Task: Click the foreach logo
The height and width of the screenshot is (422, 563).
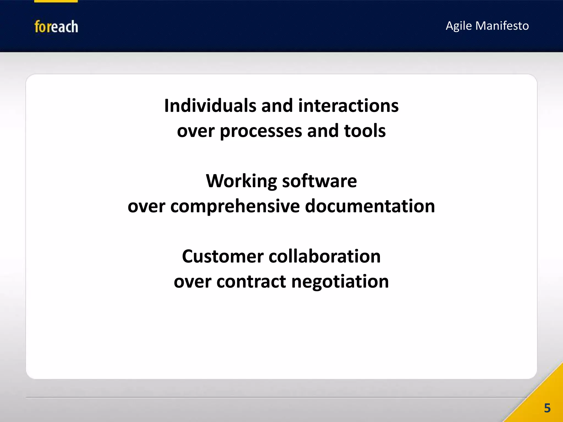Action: pos(56,27)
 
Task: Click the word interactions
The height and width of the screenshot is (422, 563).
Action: pos(348,106)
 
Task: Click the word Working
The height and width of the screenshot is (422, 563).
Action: pos(242,181)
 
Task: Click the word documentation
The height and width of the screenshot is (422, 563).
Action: pos(370,206)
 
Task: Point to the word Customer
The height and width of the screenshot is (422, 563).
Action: pos(223,257)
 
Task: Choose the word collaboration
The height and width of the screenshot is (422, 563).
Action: pos(324,257)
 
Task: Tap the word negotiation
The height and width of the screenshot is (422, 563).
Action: pos(340,282)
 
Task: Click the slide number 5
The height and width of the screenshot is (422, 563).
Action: pos(547,408)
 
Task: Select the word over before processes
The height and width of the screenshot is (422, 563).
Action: pos(195,131)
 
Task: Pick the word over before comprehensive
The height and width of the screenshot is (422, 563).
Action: pos(146,207)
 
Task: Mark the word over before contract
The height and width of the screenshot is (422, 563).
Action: pos(192,282)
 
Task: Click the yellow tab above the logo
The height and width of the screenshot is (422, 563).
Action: pos(56,1)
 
